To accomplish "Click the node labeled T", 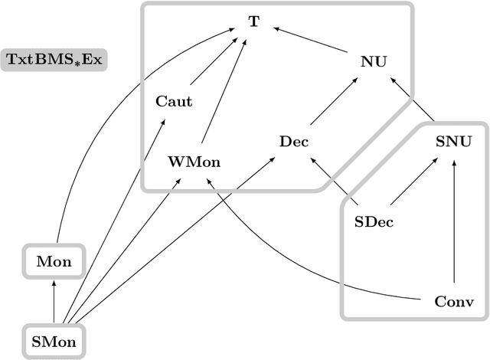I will point(253,21).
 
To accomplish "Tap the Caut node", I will point(174,100).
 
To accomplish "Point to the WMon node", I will point(188,162).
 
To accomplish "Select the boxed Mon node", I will point(54,262).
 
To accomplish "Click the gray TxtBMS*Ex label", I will point(54,59).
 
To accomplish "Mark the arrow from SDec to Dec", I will point(335,182).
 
